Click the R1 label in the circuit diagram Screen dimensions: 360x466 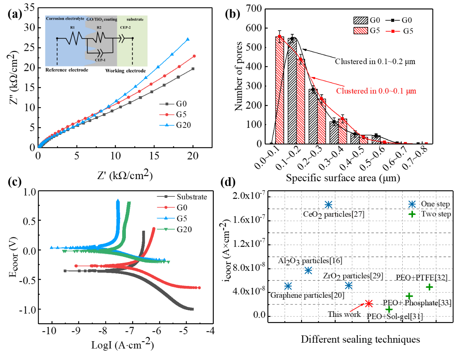pyautogui.click(x=73, y=28)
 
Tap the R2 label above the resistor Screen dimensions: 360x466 pyautogui.click(x=99, y=28)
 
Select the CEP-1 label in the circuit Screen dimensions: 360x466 pyautogui.click(x=100, y=60)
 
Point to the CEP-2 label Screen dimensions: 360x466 pyautogui.click(x=125, y=28)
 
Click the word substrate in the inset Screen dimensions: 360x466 pyautogui.click(x=135, y=19)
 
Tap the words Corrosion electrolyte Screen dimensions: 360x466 pyautogui.click(x=65, y=18)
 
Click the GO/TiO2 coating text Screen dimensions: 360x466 pyautogui.click(x=102, y=19)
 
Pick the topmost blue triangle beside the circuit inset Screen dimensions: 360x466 pyautogui.click(x=188, y=39)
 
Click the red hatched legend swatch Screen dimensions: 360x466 pyautogui.click(x=361, y=31)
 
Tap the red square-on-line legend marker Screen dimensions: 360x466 pyautogui.click(x=393, y=31)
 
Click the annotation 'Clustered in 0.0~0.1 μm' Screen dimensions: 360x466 pyautogui.click(x=376, y=91)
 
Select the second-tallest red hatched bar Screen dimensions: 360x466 pyautogui.click(x=301, y=101)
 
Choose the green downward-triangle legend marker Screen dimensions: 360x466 pyautogui.click(x=166, y=229)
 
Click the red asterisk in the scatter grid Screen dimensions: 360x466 pyautogui.click(x=369, y=303)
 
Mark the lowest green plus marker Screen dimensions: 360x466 pyautogui.click(x=389, y=309)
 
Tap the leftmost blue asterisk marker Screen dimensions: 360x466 pyautogui.click(x=288, y=286)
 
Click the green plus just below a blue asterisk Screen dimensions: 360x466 pyautogui.click(x=412, y=214)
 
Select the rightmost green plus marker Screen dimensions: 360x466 pyautogui.click(x=429, y=287)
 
